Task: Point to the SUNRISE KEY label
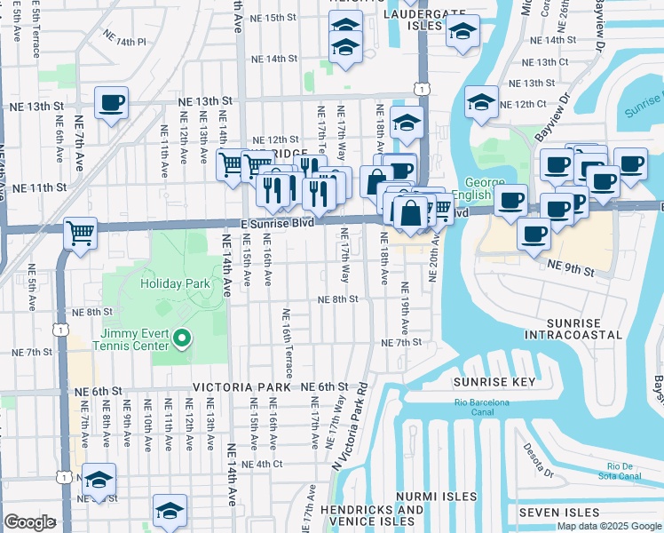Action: [x=494, y=382]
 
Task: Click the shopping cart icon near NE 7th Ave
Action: [x=81, y=234]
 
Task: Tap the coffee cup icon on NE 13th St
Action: [x=112, y=103]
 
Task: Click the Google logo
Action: [x=29, y=522]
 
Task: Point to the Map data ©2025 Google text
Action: [x=609, y=526]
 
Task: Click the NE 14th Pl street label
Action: [x=124, y=42]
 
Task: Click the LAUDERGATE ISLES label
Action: [x=413, y=20]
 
